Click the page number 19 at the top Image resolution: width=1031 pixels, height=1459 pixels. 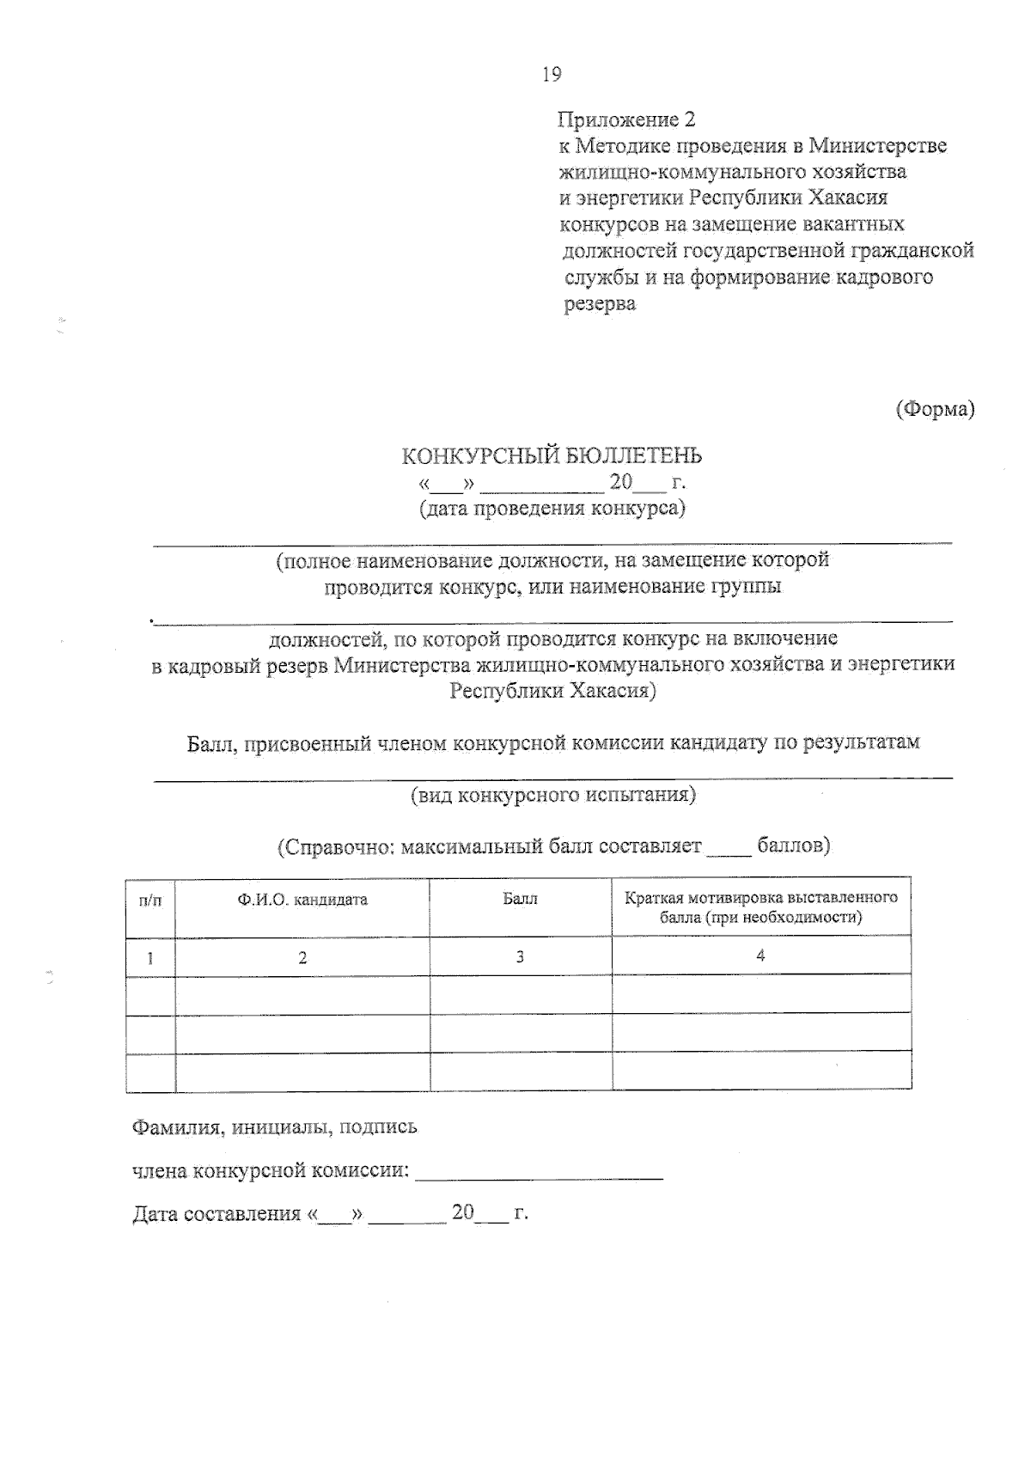[552, 75]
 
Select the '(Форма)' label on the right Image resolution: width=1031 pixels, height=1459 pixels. [935, 410]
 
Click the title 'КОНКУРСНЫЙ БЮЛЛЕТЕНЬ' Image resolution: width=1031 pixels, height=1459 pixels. [552, 455]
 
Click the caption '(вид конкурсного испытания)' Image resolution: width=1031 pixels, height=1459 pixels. [553, 794]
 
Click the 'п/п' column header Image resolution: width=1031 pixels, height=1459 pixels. [149, 900]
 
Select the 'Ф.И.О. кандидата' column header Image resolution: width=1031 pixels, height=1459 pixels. [302, 900]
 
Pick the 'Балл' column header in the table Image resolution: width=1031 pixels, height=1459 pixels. [520, 899]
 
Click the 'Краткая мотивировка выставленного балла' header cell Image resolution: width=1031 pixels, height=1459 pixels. [760, 907]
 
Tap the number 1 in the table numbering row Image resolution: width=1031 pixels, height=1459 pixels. [150, 957]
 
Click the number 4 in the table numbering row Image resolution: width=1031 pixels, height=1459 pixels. [760, 955]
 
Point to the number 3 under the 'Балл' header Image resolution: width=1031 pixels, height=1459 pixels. [520, 956]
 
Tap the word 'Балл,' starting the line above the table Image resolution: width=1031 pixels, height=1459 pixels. [212, 742]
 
